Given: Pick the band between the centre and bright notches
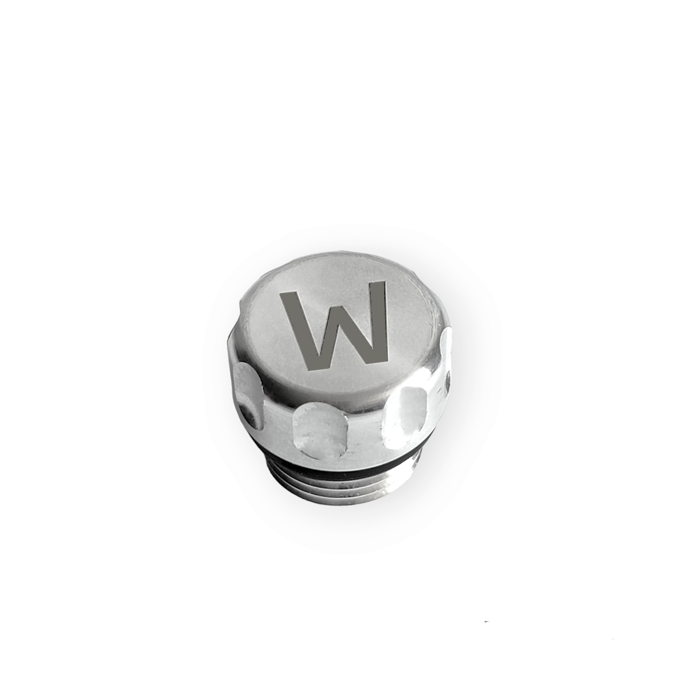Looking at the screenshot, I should (364, 428).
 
